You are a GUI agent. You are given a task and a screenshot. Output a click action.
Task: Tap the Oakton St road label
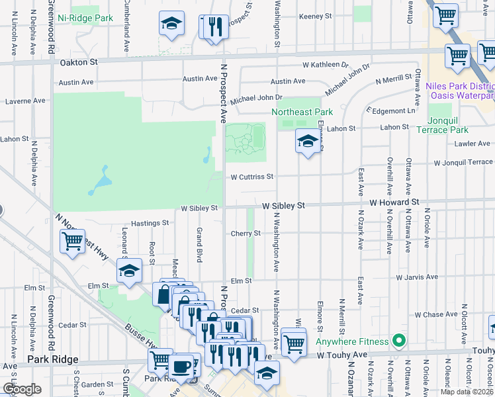tap(79, 62)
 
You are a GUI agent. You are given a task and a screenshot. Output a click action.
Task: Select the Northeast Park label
tap(302, 112)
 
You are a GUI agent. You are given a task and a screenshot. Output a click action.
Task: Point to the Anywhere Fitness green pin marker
tap(398, 341)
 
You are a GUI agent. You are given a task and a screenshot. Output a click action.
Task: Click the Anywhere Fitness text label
tap(351, 342)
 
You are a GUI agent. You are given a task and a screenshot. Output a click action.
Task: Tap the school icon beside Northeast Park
tap(307, 141)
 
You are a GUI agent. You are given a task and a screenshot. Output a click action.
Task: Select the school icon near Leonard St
tap(129, 270)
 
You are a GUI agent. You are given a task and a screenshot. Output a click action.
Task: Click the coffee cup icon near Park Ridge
tap(181, 366)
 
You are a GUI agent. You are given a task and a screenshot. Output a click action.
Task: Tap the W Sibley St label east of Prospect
tap(283, 206)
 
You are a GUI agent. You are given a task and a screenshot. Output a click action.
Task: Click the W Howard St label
tap(394, 202)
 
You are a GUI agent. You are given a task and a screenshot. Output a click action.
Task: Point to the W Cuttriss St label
tap(251, 177)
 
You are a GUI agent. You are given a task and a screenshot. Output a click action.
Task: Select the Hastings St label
tap(148, 224)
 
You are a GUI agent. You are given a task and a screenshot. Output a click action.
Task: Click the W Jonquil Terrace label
tap(463, 163)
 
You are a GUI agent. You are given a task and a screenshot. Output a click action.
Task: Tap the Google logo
tap(22, 389)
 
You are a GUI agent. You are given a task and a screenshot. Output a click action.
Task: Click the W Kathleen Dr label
tap(325, 66)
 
